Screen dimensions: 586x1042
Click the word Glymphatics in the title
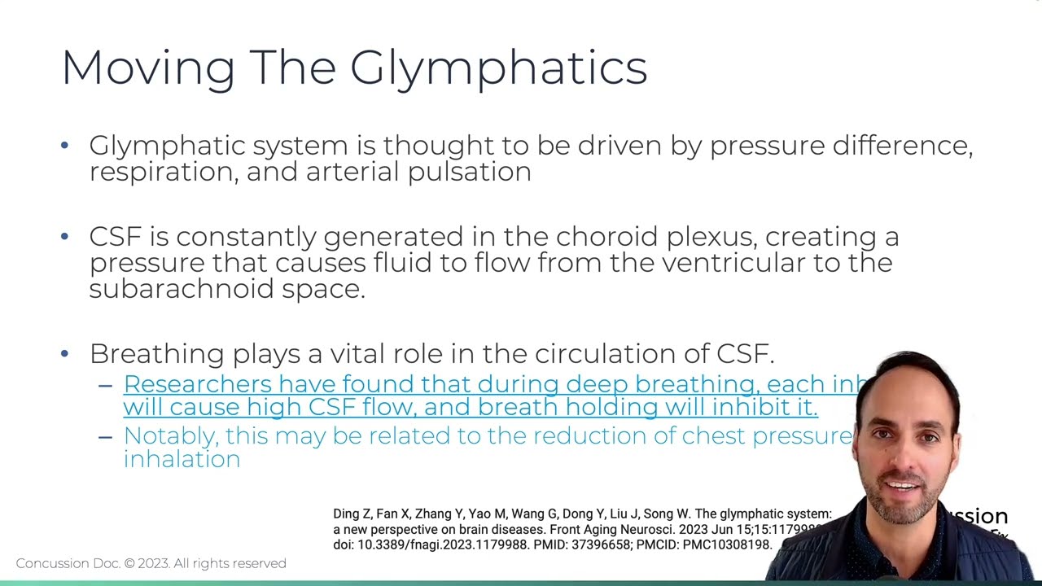click(x=498, y=68)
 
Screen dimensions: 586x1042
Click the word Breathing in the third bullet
click(x=156, y=354)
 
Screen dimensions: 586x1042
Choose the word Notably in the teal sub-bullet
click(x=170, y=436)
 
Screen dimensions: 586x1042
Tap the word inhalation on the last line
click(x=182, y=459)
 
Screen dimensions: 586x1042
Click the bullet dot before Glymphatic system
click(x=65, y=146)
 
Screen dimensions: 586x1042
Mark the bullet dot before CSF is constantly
click(x=65, y=237)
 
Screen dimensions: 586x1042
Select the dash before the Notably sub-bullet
click(x=105, y=436)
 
